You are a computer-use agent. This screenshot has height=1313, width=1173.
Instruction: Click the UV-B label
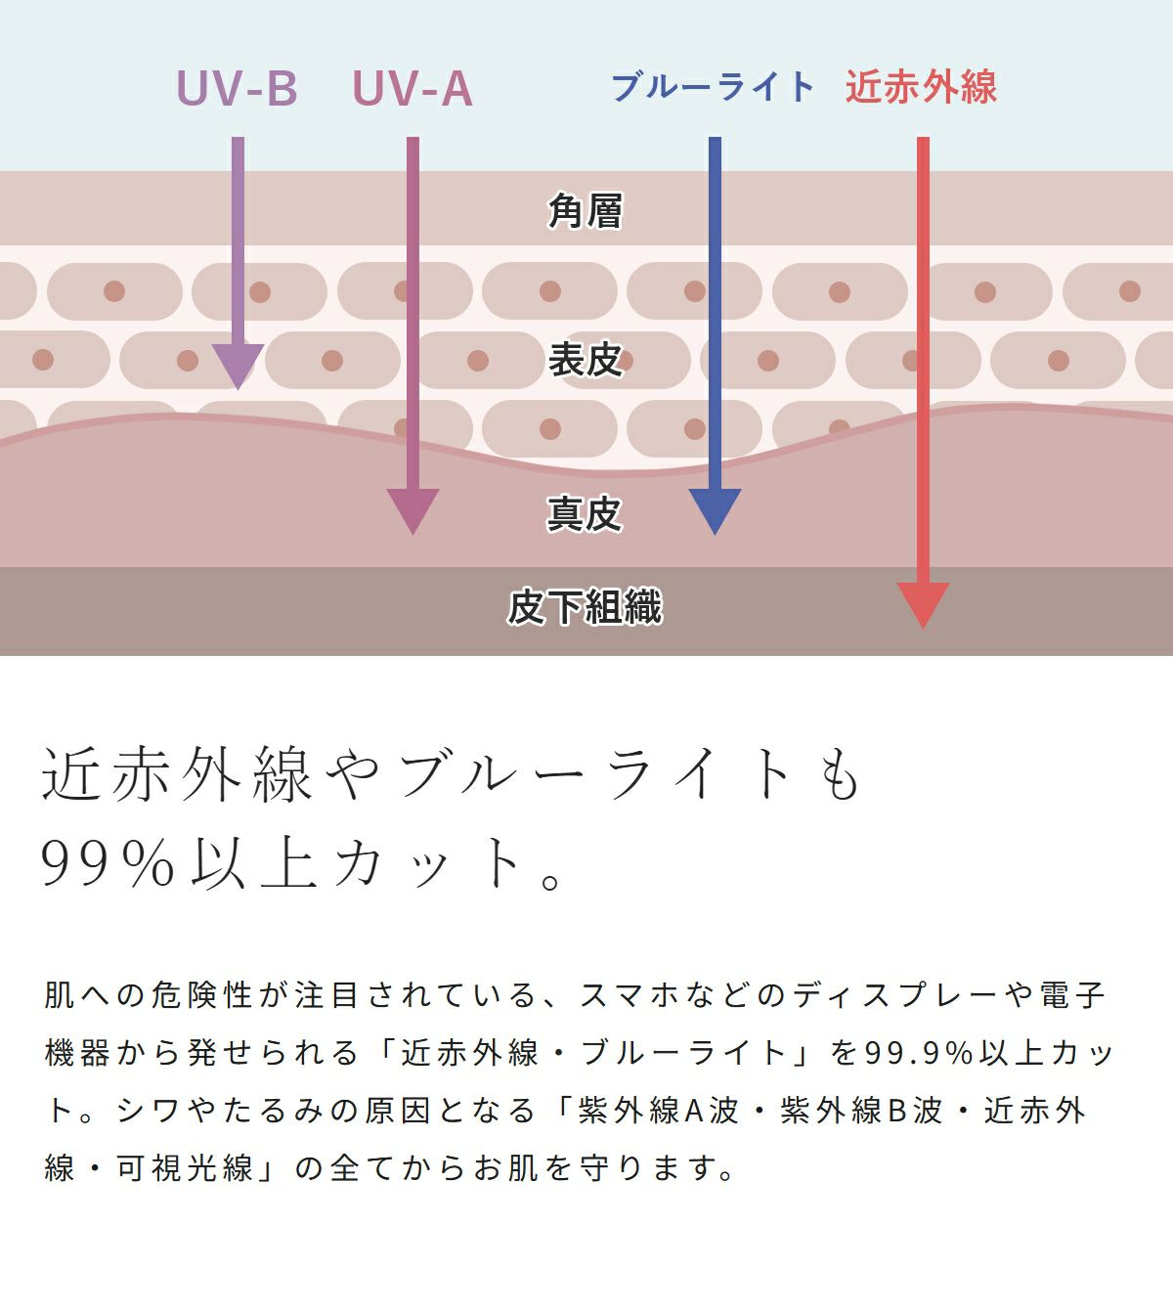pyautogui.click(x=237, y=88)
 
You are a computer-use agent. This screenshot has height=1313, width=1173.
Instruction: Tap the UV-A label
pyautogui.click(x=412, y=88)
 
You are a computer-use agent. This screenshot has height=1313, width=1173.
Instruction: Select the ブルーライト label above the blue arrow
pyautogui.click(x=713, y=87)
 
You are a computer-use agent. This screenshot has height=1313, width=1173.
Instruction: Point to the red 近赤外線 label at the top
pyautogui.click(x=921, y=87)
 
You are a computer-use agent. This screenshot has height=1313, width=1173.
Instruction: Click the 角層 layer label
pyautogui.click(x=585, y=210)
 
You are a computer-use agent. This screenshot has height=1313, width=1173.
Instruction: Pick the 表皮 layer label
pyautogui.click(x=585, y=360)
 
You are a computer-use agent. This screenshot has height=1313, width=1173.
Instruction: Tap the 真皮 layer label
pyautogui.click(x=585, y=513)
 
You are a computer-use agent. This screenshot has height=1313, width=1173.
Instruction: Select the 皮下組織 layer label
pyautogui.click(x=585, y=606)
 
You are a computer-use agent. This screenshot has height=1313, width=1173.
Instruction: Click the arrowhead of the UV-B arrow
pyautogui.click(x=238, y=366)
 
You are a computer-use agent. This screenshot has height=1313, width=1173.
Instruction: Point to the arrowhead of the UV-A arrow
pyautogui.click(x=413, y=509)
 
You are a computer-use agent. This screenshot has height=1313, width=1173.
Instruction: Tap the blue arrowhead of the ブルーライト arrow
pyautogui.click(x=715, y=509)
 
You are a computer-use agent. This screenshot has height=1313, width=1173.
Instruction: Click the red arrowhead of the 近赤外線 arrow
pyautogui.click(x=923, y=603)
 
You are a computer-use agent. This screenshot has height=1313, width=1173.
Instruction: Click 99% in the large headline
pyautogui.click(x=109, y=862)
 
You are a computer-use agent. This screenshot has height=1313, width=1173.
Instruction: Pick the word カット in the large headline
pyautogui.click(x=426, y=862)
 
